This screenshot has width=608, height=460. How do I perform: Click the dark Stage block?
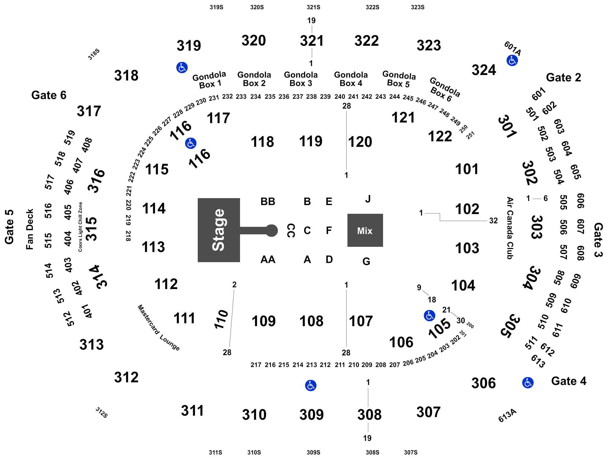coord(219,230)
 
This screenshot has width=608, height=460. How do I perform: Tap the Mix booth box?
coord(365,230)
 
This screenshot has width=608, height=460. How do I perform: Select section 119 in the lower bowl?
coord(311,141)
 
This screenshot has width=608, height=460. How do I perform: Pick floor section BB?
coord(268,201)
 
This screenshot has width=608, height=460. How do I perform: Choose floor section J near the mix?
coord(368,199)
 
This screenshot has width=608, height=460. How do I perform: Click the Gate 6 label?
coord(49,95)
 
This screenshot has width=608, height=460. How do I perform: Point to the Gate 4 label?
coord(569,381)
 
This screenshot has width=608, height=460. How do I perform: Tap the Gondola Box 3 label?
coord(301,79)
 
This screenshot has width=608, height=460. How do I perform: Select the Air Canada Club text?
coord(510,228)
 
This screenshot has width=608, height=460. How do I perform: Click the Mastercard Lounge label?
coord(158,328)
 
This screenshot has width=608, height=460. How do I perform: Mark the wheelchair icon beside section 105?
coord(429,315)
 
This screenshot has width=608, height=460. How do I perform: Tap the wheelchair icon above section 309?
coord(311,386)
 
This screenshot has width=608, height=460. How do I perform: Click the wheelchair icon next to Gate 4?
coord(528,383)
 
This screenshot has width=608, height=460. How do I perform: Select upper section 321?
coord(312,41)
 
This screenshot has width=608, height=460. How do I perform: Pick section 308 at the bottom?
coord(369,415)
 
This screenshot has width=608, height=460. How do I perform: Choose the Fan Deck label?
coord(30,229)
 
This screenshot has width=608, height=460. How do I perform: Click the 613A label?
coord(507,415)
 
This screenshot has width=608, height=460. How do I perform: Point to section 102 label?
coord(467,209)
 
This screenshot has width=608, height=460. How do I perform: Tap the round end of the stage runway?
coord(272,231)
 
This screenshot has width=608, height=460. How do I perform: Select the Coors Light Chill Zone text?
coord(80,227)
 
